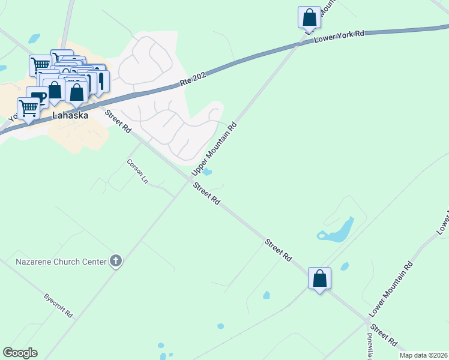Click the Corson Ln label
pos(137,171)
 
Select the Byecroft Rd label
pos(58,305)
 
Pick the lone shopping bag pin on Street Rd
pos(319,278)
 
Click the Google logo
pos(20,353)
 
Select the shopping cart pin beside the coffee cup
pos(29,109)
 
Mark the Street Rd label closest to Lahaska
pos(118,121)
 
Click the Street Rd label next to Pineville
pos(384,335)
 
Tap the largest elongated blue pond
pos(337,231)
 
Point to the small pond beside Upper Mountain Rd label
pos(207,173)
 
